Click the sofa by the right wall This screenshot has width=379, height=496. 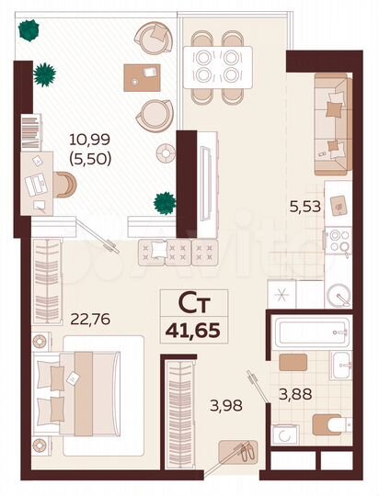(x=332, y=124)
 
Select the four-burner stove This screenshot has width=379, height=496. (x=337, y=240)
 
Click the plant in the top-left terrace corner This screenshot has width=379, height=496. (x=31, y=30)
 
